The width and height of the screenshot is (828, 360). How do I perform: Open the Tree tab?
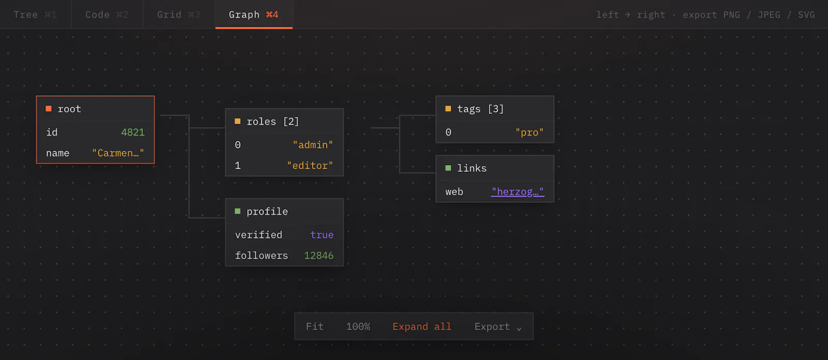coord(35,14)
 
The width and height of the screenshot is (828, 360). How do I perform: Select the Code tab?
coord(107,14)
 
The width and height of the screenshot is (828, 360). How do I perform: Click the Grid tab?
coord(179,14)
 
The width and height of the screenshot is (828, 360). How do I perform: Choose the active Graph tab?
coord(254,14)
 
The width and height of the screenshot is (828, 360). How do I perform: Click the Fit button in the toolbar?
coord(315,327)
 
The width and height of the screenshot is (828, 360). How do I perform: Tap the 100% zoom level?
coord(358,327)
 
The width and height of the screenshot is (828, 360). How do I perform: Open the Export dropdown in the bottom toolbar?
coord(497,327)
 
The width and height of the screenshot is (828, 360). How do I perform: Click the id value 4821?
coord(132,132)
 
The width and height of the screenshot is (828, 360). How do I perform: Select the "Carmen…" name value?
coord(118,153)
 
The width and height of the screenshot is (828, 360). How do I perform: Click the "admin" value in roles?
coord(313,145)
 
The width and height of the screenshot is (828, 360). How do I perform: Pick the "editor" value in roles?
coord(310,166)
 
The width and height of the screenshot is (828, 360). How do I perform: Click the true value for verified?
coord(321,235)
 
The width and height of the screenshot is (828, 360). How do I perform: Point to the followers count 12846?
coord(319,256)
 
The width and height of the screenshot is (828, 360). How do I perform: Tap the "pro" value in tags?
coord(529,132)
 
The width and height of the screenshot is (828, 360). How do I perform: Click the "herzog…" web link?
coord(517,192)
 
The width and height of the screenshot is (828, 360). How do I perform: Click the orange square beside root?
coord(49,109)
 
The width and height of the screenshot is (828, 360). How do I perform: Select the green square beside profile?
coord(238,212)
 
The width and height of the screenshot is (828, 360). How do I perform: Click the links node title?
coord(471,168)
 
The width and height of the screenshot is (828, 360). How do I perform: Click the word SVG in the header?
coord(806,15)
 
